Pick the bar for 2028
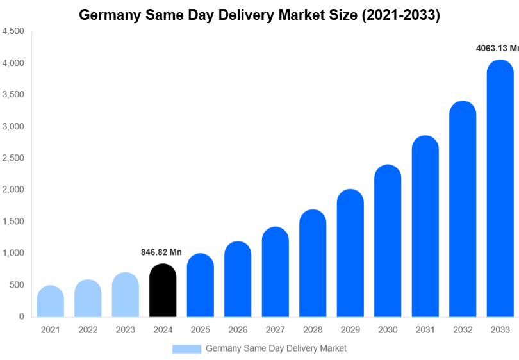pos(313,263)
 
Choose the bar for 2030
pos(388,241)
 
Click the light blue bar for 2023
pos(126,295)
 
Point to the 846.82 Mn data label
pos(161,252)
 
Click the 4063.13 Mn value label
pos(497,48)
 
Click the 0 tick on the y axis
pos(21,316)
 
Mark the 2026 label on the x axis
pos(238,330)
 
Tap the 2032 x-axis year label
pos(462,330)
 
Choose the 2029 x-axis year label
pos(350,330)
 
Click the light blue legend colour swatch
pos(186,348)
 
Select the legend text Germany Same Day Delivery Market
pos(276,348)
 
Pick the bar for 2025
pos(201,285)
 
